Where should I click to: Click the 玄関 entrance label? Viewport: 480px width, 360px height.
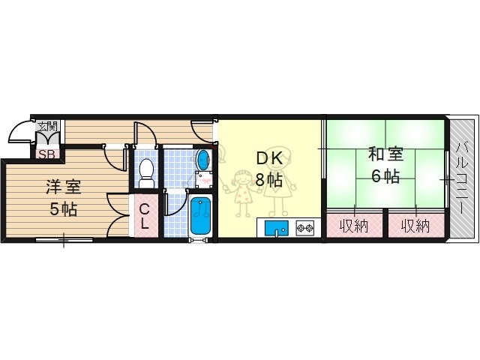click(x=47, y=124)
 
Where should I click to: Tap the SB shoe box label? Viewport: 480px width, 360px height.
click(x=46, y=154)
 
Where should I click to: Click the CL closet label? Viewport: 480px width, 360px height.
click(x=145, y=215)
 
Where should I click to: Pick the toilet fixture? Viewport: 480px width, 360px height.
click(x=146, y=172)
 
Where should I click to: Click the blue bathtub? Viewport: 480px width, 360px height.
click(x=200, y=216)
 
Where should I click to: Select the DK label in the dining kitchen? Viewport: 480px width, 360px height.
click(x=269, y=157)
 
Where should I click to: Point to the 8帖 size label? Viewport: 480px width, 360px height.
click(x=269, y=181)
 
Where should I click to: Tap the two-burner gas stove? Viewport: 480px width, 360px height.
click(x=304, y=227)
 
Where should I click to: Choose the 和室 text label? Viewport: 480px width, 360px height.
click(x=385, y=155)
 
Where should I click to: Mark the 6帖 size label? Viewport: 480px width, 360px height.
click(x=385, y=177)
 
